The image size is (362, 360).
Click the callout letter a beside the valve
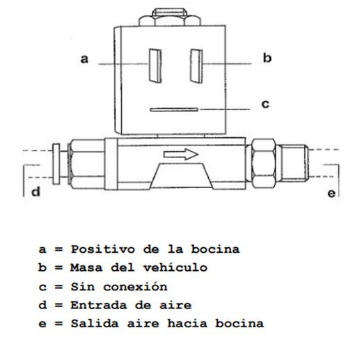[84, 58]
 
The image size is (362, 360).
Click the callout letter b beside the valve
[267, 58]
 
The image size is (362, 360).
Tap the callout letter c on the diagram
[265, 104]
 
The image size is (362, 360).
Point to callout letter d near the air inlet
[36, 191]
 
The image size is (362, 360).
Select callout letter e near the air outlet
[331, 194]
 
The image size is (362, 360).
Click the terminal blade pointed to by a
[155, 65]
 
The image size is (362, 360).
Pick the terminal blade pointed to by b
[196, 66]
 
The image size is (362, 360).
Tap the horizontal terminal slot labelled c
[174, 109]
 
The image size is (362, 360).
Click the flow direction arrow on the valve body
[181, 155]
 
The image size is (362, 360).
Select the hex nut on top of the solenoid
[170, 17]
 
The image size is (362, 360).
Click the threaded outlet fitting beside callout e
[294, 162]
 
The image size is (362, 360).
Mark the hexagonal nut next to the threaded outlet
[263, 163]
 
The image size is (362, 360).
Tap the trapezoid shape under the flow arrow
[182, 175]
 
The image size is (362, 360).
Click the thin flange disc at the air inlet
[56, 164]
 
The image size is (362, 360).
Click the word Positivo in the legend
[103, 249]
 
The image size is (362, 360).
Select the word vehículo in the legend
[175, 267]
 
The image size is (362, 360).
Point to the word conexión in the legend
[135, 287]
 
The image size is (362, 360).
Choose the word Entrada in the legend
[99, 305]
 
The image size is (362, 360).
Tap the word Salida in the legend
[95, 323]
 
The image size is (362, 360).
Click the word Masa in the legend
[86, 267]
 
